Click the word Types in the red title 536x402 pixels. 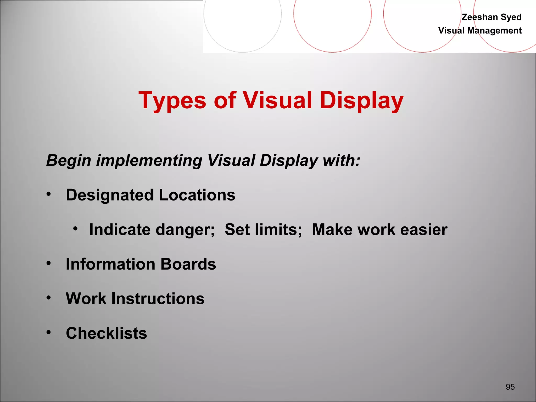click(x=172, y=101)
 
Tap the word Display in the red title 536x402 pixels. click(x=361, y=101)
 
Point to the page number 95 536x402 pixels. click(x=510, y=387)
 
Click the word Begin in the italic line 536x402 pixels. click(x=69, y=160)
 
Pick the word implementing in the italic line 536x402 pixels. click(x=149, y=160)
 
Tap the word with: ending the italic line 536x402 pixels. click(x=342, y=160)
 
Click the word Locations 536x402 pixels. click(x=197, y=195)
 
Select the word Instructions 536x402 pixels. click(x=158, y=299)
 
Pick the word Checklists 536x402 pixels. click(x=107, y=333)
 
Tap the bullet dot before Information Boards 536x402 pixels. click(x=48, y=263)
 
